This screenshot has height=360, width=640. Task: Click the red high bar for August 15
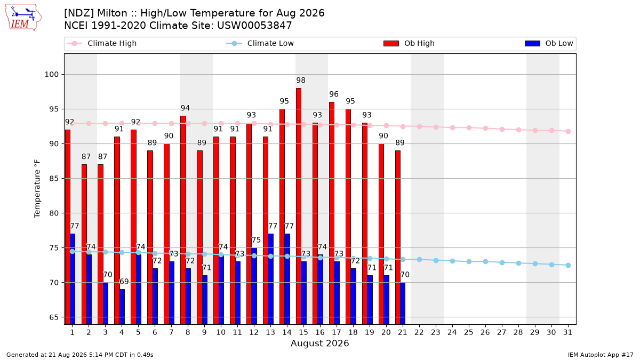click(299, 206)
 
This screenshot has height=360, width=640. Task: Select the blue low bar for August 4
click(122, 307)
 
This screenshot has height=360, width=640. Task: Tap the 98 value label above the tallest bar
click(301, 81)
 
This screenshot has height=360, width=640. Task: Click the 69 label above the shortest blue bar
click(124, 282)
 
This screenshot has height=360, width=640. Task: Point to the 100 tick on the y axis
click(51, 75)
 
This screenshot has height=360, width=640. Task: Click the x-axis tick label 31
click(567, 332)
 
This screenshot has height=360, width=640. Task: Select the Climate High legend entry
click(101, 43)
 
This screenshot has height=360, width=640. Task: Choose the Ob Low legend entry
click(549, 43)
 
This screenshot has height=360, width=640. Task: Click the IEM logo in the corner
click(23, 18)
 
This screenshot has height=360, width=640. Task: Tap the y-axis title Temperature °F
click(37, 189)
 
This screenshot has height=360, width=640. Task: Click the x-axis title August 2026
click(319, 343)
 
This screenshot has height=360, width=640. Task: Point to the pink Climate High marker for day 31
click(568, 131)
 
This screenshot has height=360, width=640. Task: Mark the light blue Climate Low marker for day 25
click(469, 262)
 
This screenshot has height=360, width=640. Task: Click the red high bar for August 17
click(332, 213)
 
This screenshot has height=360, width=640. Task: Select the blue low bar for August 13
click(270, 279)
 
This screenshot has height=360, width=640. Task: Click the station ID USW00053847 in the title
click(254, 26)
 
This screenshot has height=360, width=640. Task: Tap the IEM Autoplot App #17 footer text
click(601, 355)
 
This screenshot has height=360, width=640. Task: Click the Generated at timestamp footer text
click(79, 355)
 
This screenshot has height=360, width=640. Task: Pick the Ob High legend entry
click(409, 43)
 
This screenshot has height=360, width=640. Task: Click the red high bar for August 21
click(398, 237)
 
